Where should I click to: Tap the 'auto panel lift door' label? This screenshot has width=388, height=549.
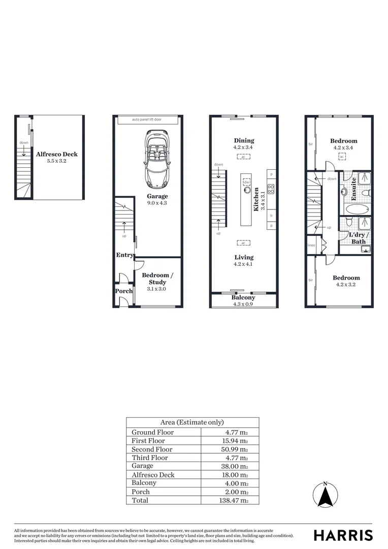tap(147, 120)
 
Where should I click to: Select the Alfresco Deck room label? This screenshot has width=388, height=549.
tap(57, 154)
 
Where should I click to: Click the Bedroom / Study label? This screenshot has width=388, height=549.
tap(157, 279)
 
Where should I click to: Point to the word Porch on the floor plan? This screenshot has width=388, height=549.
tap(124, 291)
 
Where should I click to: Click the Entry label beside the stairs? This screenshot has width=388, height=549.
tap(124, 255)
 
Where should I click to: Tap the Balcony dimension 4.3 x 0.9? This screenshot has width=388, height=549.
tap(243, 304)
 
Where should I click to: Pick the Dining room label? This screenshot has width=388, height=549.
tap(243, 141)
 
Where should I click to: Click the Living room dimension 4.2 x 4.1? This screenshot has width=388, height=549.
tap(243, 264)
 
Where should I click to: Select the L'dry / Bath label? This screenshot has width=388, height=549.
tap(359, 238)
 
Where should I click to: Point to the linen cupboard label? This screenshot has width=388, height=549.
tap(311, 246)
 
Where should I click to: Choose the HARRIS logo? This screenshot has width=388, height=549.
tap(343, 535)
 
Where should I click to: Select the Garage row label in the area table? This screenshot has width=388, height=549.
tap(142, 466)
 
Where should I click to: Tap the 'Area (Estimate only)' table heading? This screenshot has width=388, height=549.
tap(192, 422)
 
